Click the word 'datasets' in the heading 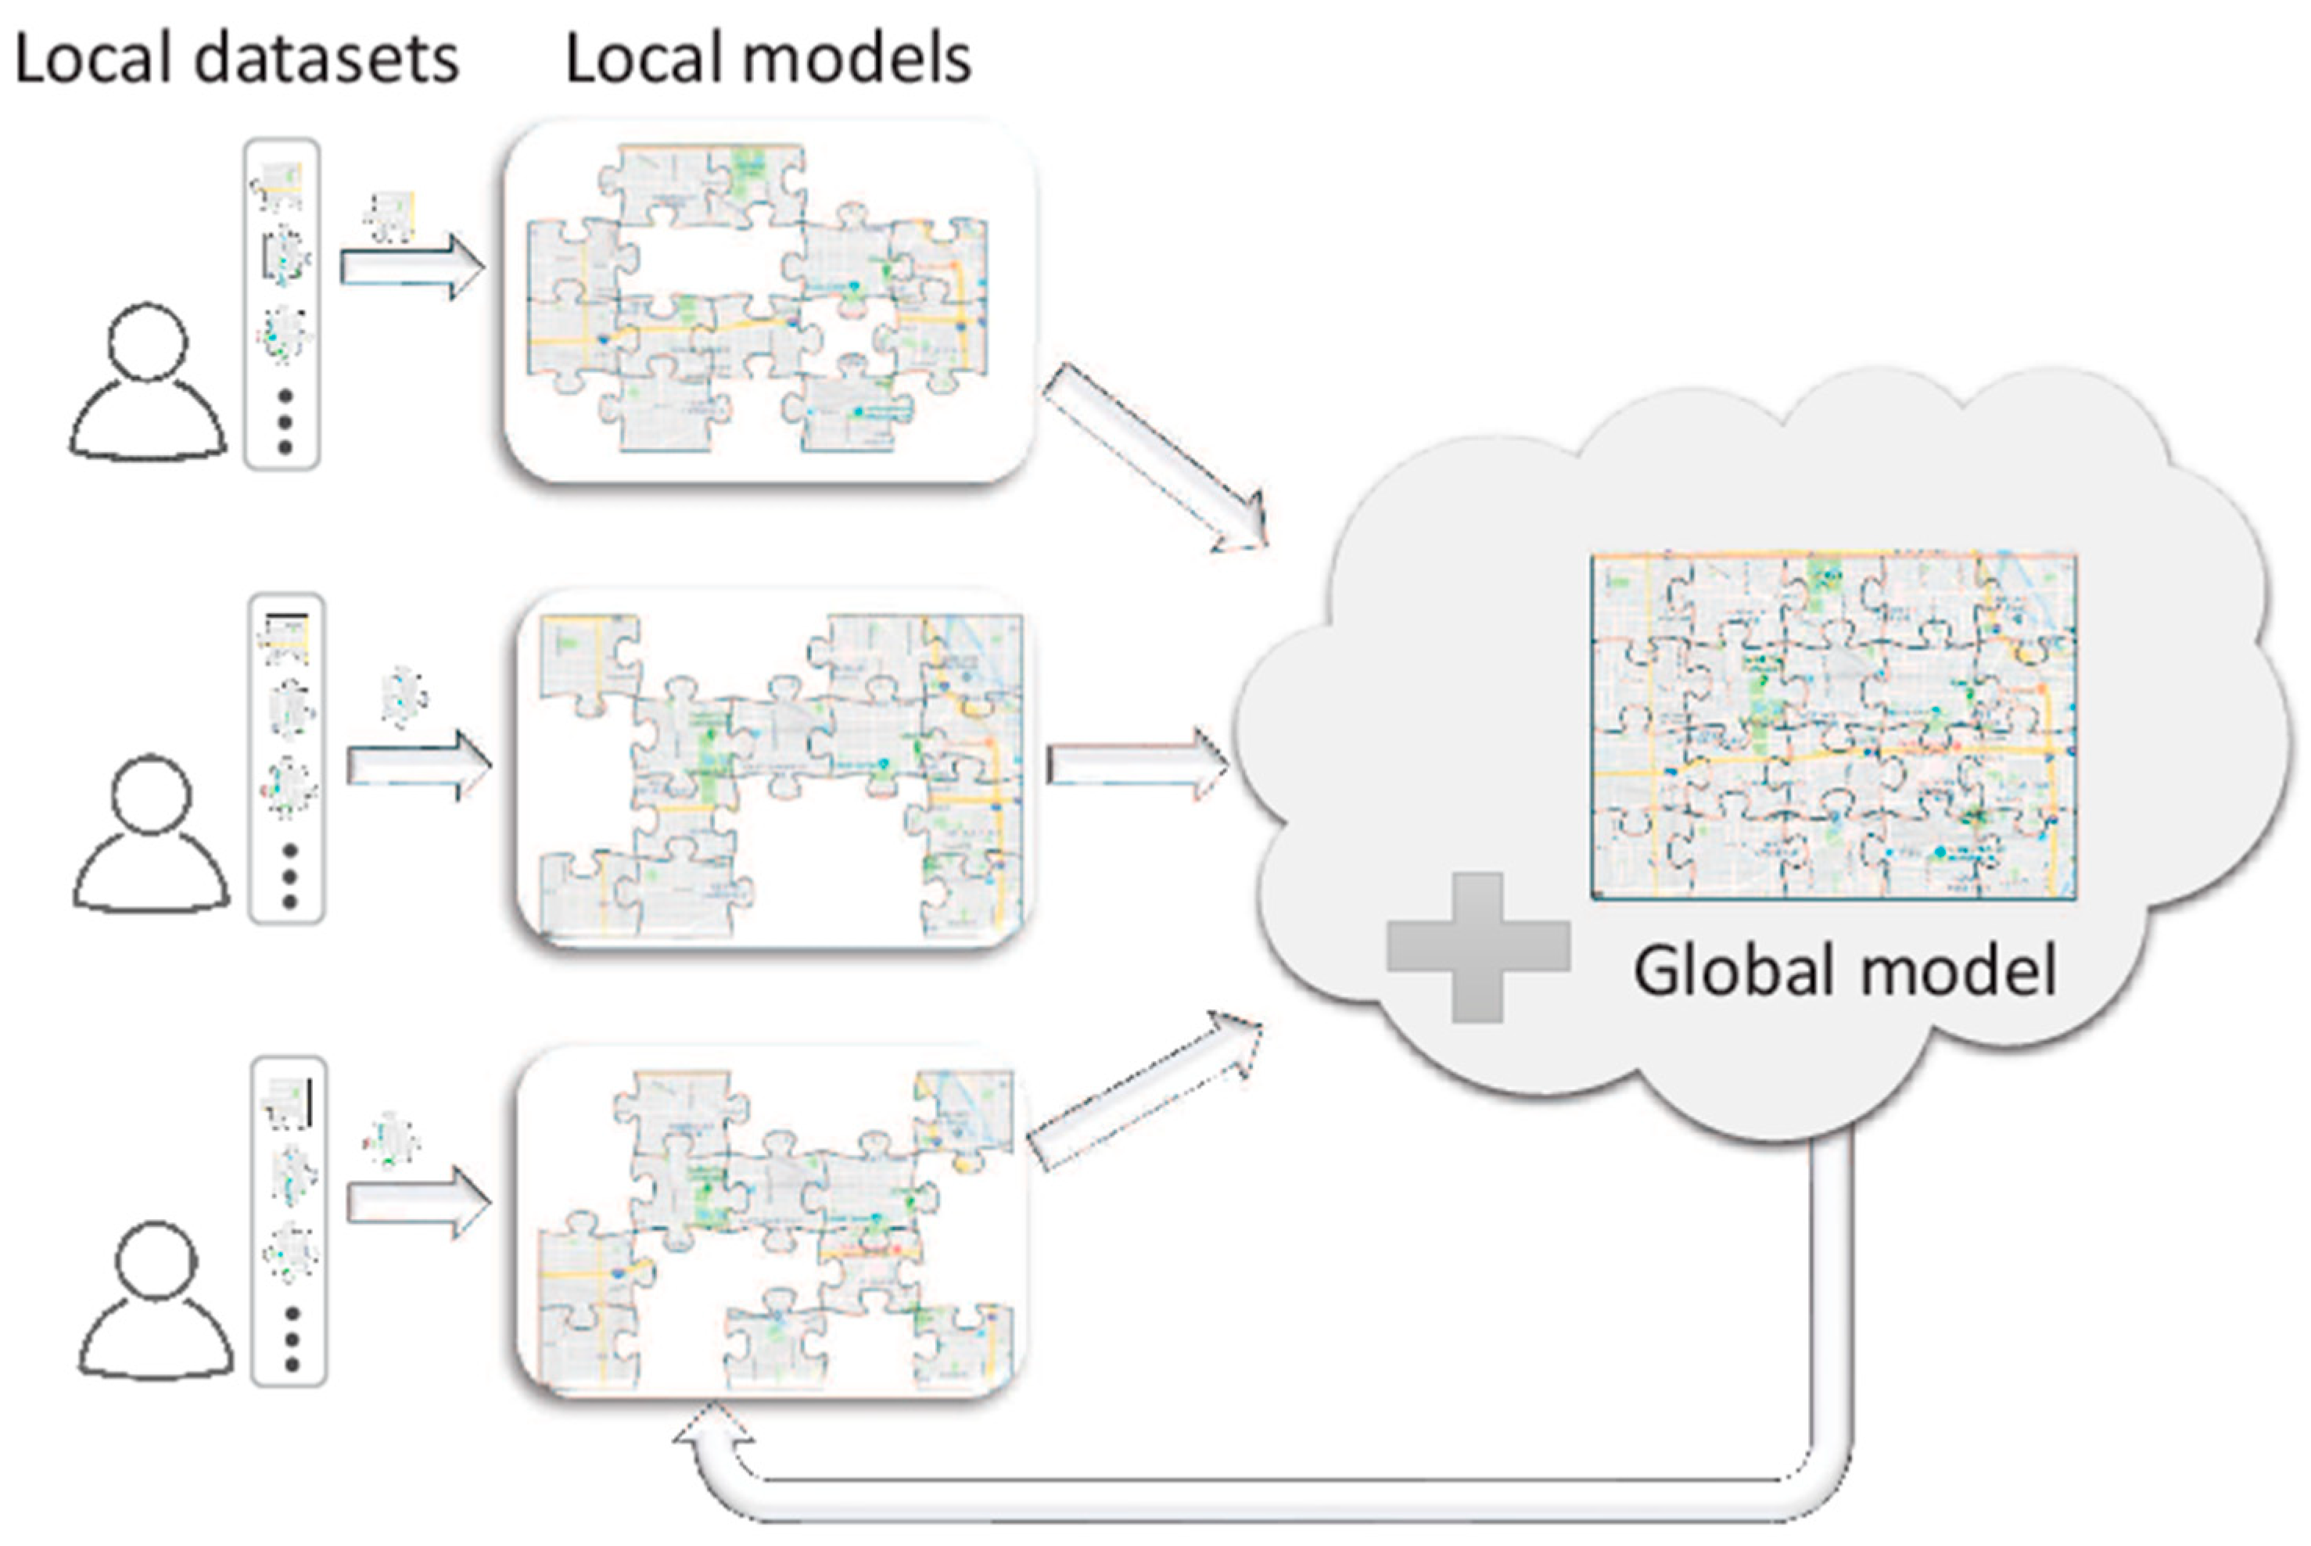(326, 59)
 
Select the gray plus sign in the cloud (1478, 946)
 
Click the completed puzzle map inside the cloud (1834, 726)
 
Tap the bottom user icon (156, 1301)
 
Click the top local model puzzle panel (768, 301)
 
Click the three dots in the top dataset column (285, 422)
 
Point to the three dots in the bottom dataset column (292, 1339)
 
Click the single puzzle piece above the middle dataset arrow (404, 696)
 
